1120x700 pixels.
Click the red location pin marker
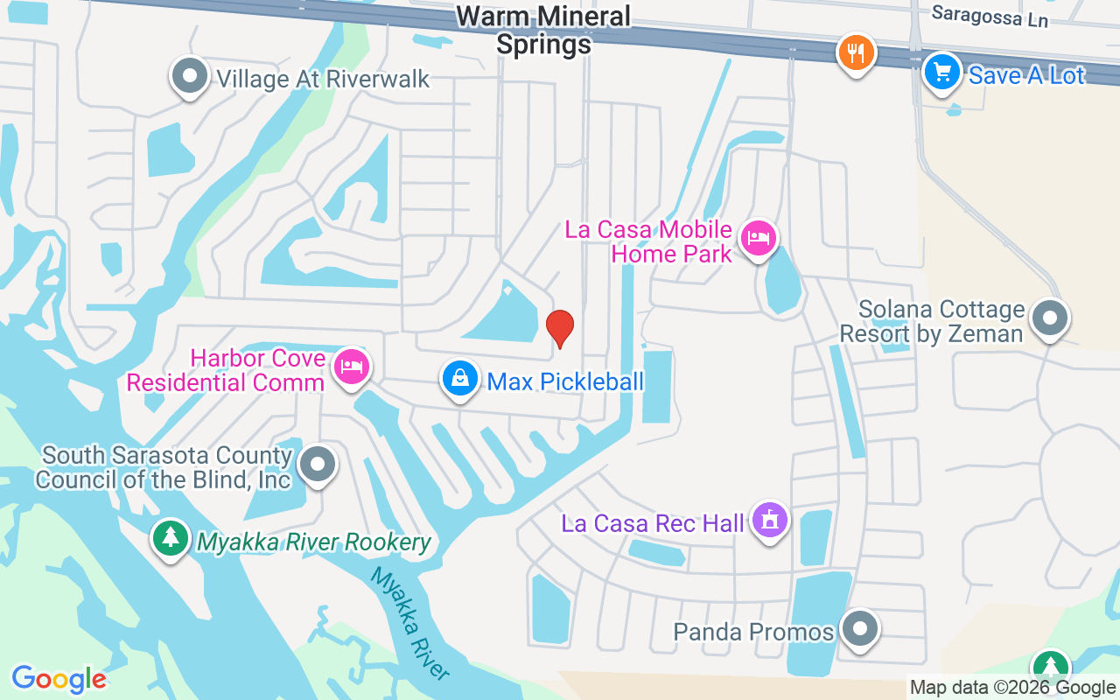coord(560,328)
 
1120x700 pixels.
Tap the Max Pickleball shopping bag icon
coord(459,378)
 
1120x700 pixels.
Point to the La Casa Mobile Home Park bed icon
coord(758,238)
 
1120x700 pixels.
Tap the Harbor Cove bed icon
coord(351,367)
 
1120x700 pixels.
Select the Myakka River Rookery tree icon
coord(171,537)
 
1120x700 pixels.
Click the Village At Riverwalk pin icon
coord(189,76)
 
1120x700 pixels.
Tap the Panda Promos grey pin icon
coord(860,627)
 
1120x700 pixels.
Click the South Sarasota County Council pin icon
coord(317,464)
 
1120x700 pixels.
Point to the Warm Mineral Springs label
coord(543,29)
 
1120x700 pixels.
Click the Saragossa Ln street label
coord(989,16)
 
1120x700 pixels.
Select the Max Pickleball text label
coord(565,381)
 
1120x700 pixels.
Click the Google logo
coord(59,678)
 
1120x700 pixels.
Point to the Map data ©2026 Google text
coord(1012,688)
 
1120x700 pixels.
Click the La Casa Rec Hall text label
coord(653,523)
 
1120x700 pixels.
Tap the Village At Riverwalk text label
coord(323,79)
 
